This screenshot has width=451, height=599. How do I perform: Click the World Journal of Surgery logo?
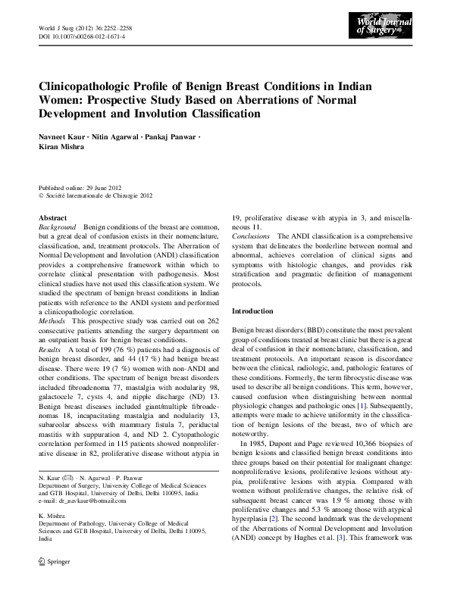(384, 31)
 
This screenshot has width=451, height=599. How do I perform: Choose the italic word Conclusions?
(252, 237)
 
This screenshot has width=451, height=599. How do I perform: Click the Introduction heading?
(252, 311)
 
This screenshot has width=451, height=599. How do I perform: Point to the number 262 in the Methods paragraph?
(211, 322)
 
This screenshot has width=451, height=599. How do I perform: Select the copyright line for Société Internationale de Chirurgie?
(99, 195)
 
